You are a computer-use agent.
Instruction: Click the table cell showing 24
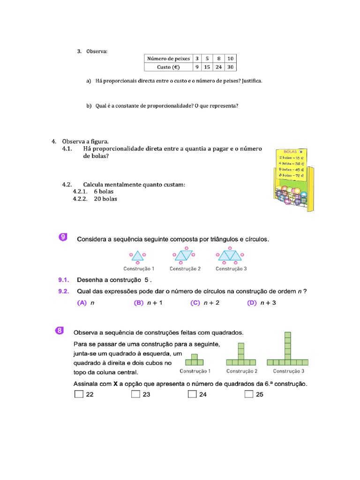(218, 67)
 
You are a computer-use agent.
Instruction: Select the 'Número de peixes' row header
(168, 59)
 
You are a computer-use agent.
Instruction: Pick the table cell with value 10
(230, 59)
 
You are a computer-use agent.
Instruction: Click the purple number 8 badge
(60, 331)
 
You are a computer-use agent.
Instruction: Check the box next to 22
(78, 394)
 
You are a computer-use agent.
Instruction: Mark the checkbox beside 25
(249, 394)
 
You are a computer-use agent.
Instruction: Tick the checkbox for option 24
(192, 394)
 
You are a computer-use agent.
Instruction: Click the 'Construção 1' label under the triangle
(139, 269)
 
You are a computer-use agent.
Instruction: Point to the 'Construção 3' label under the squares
(289, 371)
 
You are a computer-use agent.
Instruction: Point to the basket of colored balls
(291, 194)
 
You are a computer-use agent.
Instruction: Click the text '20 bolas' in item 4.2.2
(105, 199)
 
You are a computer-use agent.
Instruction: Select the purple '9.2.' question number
(64, 291)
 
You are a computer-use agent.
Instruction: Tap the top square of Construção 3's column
(288, 335)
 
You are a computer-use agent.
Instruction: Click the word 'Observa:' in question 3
(97, 51)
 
